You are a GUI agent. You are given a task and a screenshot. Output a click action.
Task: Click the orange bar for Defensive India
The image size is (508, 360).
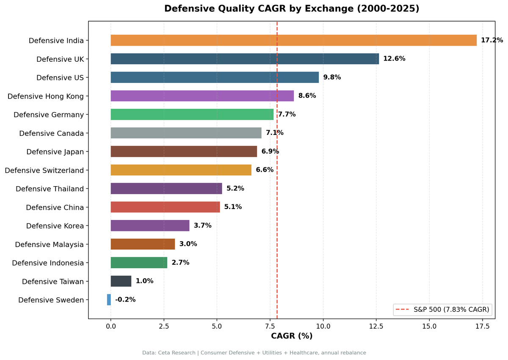coord(293,40)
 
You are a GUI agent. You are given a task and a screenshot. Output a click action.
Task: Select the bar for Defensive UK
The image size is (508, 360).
coord(245,59)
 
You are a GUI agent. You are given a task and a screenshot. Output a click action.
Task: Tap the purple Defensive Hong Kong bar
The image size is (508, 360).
coord(202,96)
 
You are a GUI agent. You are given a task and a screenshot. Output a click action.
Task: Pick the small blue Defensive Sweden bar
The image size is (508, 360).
coord(109,300)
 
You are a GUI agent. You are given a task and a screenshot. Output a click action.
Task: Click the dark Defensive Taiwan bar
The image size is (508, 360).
coord(121,281)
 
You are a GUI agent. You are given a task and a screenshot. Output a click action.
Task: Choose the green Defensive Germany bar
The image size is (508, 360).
coord(192,114)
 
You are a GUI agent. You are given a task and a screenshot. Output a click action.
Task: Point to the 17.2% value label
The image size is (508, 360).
coord(491,40)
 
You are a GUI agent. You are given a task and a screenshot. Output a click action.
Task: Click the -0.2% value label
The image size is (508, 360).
coord(125,300)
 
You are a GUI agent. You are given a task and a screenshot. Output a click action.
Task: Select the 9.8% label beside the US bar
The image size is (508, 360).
coord(332,77)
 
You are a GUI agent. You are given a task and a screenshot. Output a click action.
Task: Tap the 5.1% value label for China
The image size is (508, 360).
coord(233,207)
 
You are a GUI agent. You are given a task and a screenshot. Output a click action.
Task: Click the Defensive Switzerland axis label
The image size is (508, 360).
coord(44,170)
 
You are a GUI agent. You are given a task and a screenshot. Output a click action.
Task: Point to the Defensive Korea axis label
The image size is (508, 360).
coord(55,226)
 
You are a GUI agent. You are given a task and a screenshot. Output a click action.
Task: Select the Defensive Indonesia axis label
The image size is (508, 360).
coord(48,263)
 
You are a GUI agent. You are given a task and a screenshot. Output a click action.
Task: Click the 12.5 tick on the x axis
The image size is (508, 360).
coord(376,326)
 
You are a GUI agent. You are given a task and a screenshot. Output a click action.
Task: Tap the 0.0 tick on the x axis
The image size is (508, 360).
coord(111,326)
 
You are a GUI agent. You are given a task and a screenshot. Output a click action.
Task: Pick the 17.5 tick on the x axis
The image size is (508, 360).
coord(482,326)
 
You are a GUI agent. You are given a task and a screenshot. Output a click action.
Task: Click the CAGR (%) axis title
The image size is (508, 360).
coord(292,336)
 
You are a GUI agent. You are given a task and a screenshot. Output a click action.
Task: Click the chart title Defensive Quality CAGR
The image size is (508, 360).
coord(292,9)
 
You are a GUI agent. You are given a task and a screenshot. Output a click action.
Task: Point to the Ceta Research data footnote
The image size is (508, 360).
coord(254,352)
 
